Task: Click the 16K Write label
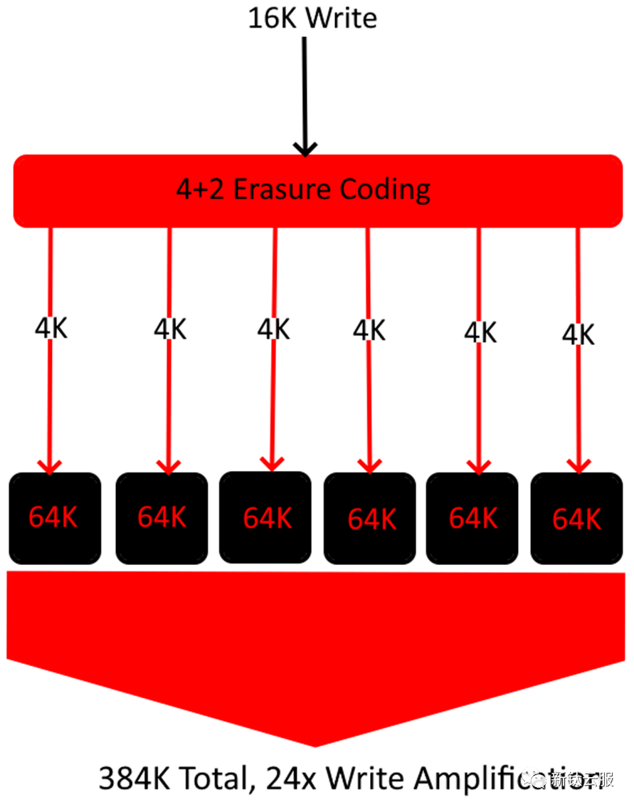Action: (312, 18)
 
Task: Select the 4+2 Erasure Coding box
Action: (317, 191)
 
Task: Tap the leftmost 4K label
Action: (51, 328)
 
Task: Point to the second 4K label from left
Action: (170, 329)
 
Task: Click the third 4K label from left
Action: (274, 329)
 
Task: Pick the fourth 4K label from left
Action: (369, 329)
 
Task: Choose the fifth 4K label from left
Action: (480, 332)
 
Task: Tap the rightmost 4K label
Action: (578, 334)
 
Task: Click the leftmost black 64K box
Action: (55, 518)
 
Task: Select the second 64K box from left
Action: (162, 518)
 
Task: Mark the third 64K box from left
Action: (265, 517)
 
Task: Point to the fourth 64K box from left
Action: (370, 519)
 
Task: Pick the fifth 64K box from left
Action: (472, 518)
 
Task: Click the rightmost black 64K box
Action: (577, 519)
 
